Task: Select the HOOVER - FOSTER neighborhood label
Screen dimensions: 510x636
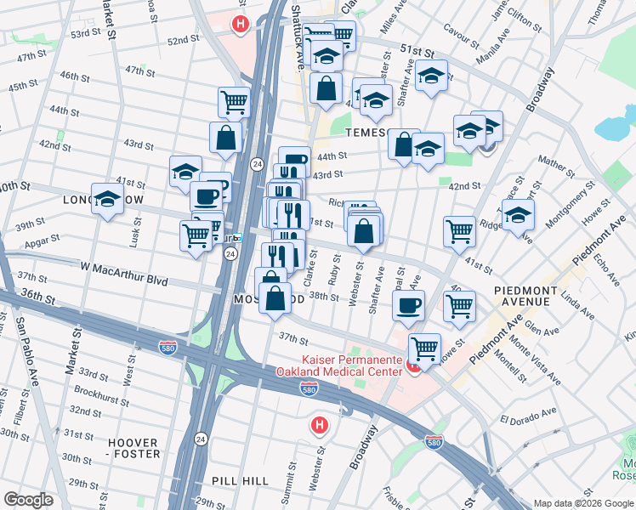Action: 132,448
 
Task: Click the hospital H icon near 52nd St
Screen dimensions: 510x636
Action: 241,25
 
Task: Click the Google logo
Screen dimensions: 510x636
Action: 29,500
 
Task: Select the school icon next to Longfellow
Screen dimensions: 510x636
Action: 107,200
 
